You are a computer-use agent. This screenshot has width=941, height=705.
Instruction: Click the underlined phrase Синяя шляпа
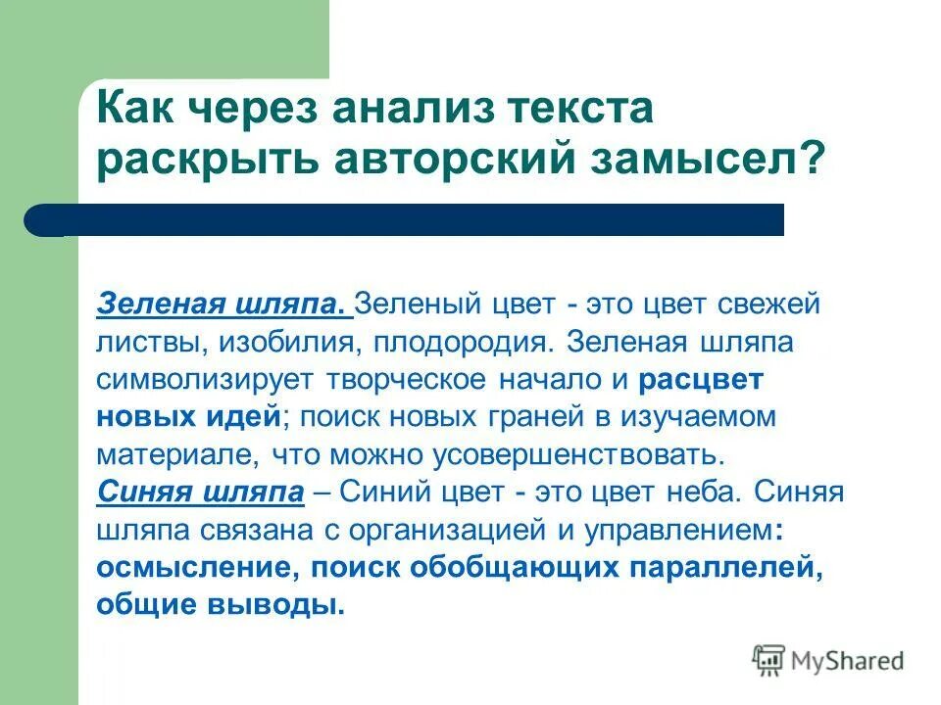[x=201, y=492]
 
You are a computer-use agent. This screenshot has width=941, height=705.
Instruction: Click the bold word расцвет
[x=699, y=379]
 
